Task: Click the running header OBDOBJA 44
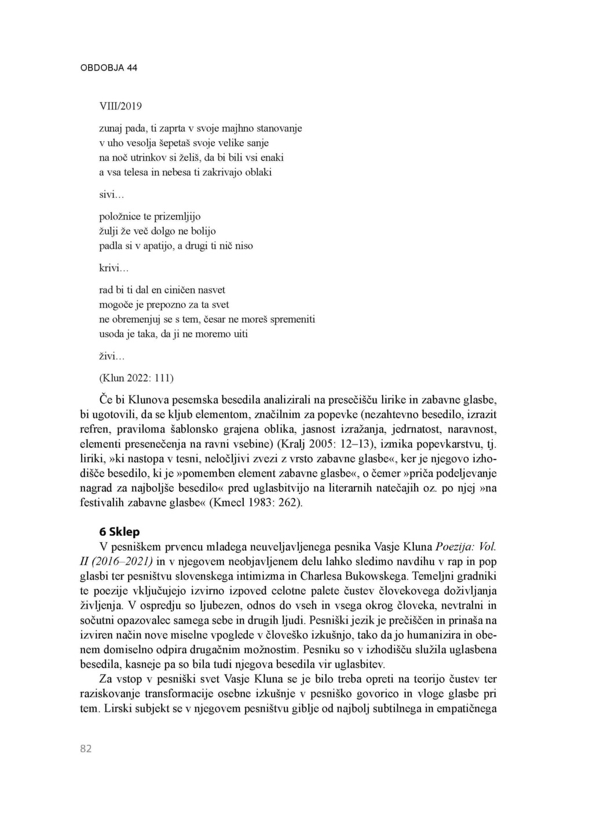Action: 109,68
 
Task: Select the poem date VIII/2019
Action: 120,106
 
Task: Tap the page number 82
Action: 86,748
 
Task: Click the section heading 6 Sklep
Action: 120,532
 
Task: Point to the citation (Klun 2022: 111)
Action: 137,378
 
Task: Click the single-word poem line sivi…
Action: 108,194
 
